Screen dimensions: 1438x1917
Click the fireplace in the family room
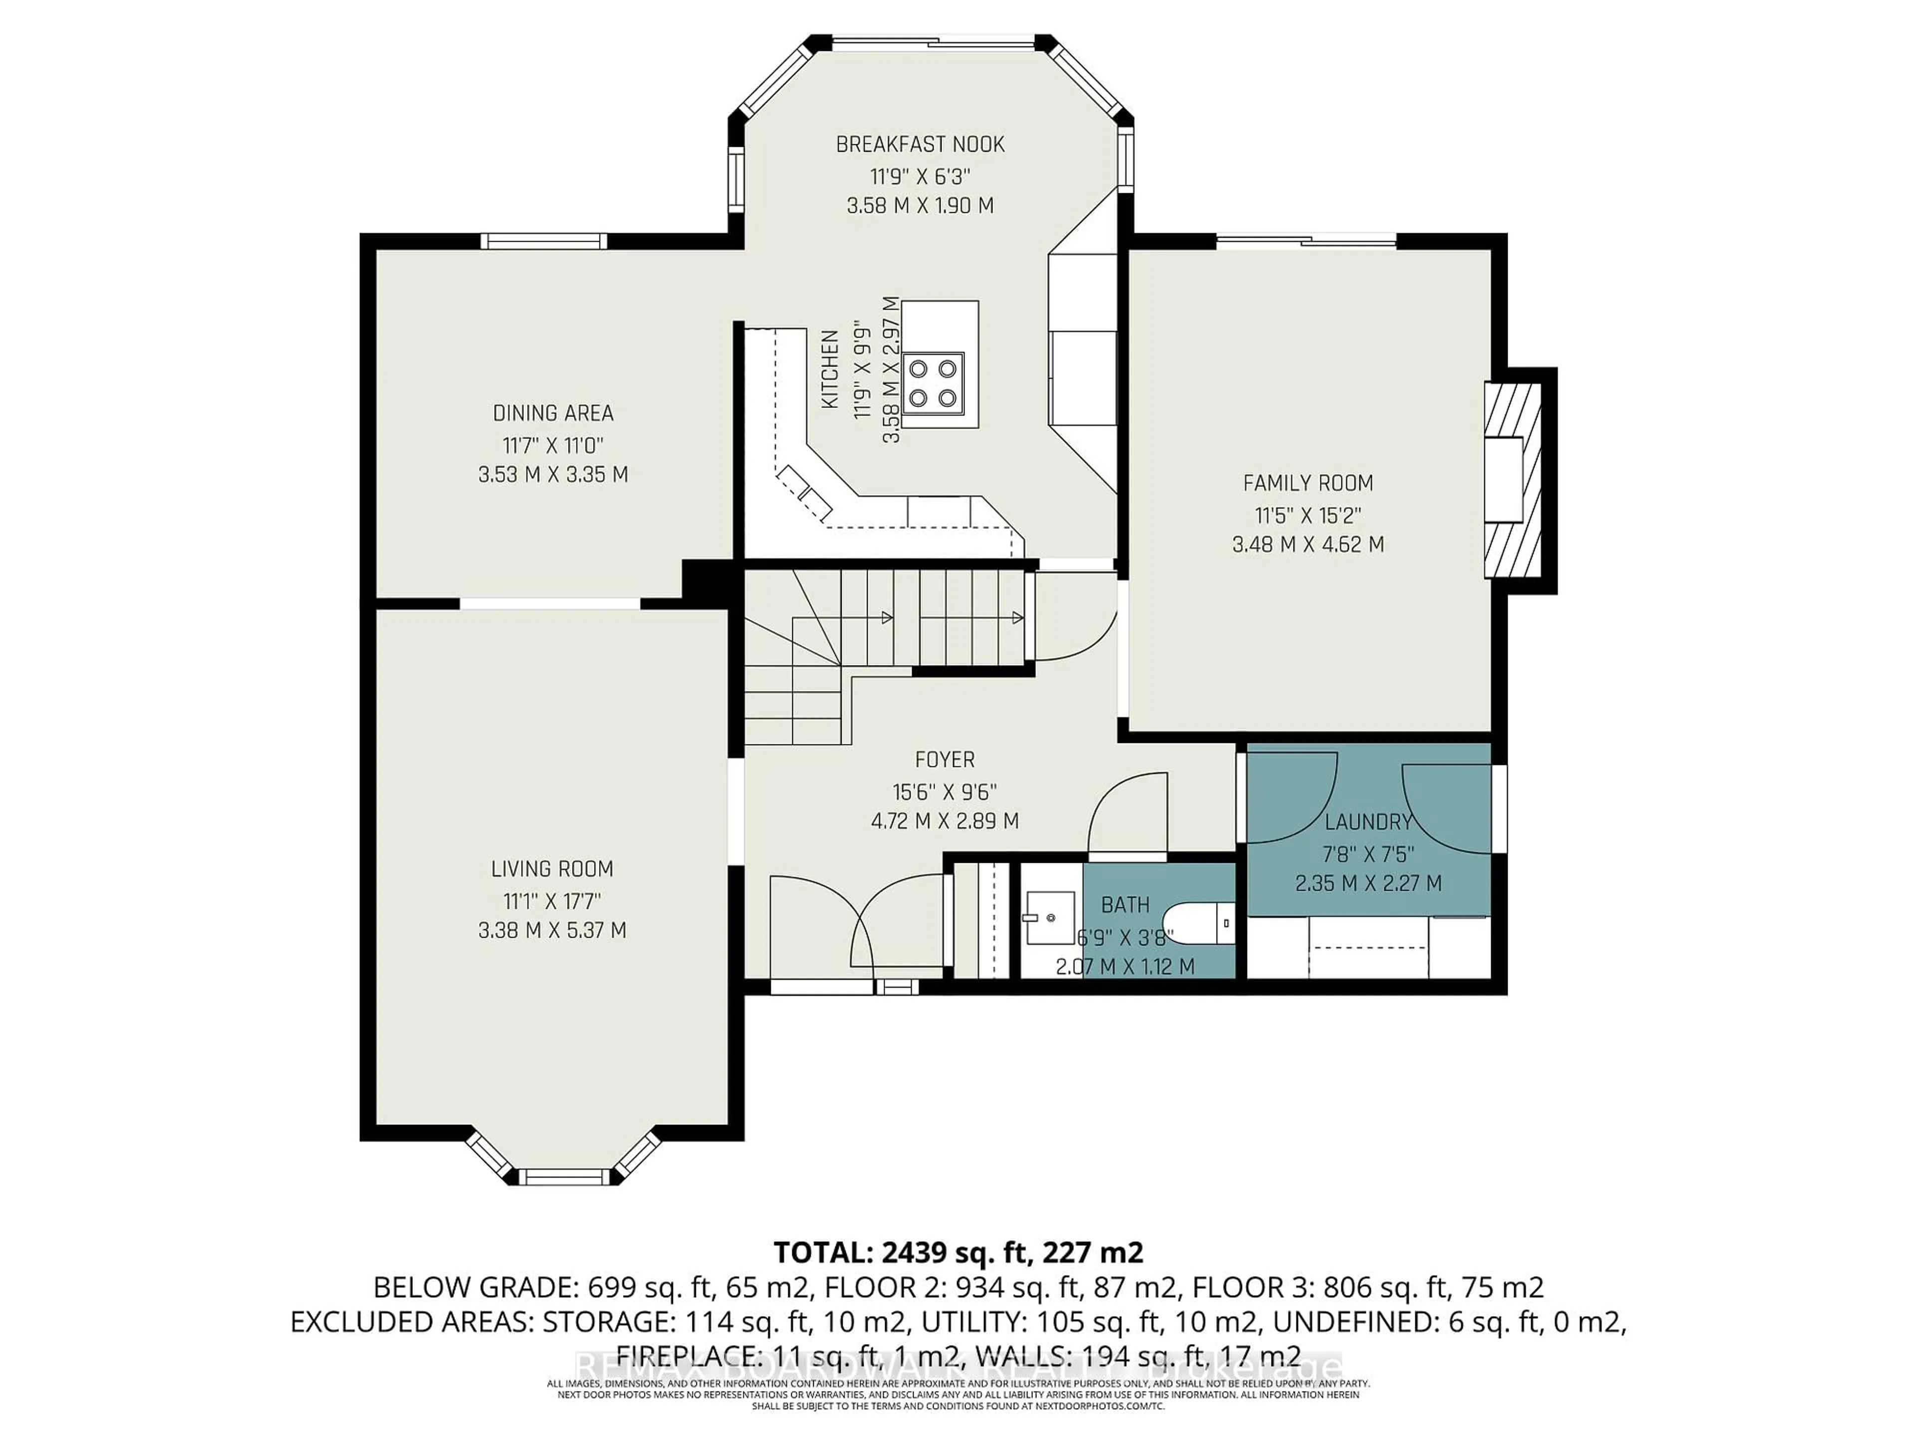[x=1512, y=481]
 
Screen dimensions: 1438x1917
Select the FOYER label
[x=945, y=760]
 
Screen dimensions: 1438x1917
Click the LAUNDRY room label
[x=1368, y=822]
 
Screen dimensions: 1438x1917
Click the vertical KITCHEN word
[x=829, y=369]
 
